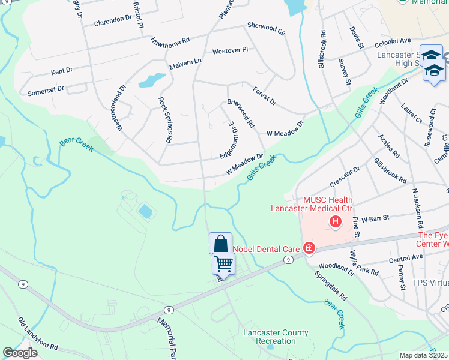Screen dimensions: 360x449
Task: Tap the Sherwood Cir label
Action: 266,28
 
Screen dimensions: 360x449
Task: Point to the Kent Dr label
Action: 62,71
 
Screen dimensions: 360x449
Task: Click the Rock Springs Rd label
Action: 165,119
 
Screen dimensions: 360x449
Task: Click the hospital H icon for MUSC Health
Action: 336,223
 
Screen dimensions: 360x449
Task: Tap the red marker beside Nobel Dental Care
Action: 309,247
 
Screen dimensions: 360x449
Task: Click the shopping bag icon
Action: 220,244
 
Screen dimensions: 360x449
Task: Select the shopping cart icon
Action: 223,263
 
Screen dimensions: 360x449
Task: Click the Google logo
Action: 20,353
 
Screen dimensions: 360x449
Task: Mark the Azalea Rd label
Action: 389,146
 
